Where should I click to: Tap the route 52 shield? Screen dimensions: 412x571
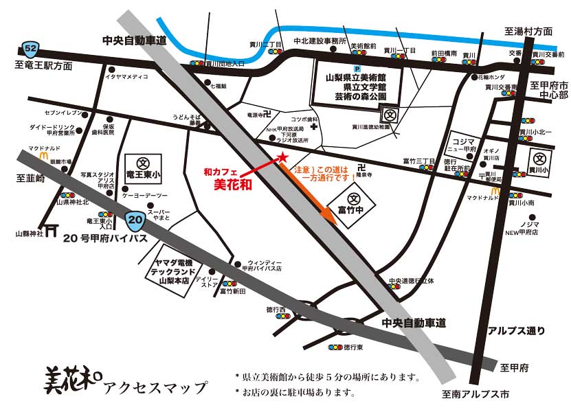30,49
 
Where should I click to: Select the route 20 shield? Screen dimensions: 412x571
135,220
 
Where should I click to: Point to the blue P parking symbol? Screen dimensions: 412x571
356,68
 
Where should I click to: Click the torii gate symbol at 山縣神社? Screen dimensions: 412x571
50,231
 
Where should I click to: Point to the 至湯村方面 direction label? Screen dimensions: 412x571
528,32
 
